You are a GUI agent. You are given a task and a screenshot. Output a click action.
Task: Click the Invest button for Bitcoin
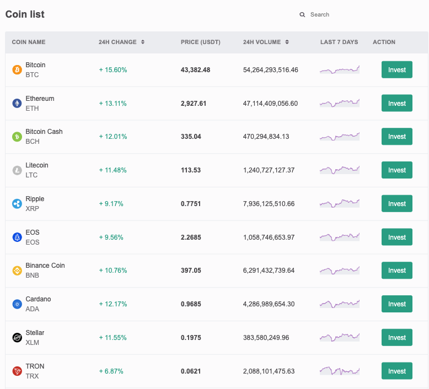pyautogui.click(x=396, y=70)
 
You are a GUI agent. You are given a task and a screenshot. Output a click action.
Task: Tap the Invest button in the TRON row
pyautogui.click(x=396, y=371)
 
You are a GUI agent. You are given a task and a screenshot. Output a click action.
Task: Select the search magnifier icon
pyautogui.click(x=302, y=15)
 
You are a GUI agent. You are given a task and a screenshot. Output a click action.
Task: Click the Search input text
pyautogui.click(x=320, y=15)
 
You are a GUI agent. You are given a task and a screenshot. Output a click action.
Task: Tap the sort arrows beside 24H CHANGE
pyautogui.click(x=143, y=42)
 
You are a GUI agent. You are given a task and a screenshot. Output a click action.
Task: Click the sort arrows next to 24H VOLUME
pyautogui.click(x=287, y=42)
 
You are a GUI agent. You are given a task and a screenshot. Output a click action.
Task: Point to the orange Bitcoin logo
pyautogui.click(x=17, y=70)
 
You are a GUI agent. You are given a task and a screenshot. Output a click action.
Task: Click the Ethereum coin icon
pyautogui.click(x=17, y=104)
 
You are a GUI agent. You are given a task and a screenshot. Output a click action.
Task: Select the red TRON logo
pyautogui.click(x=17, y=371)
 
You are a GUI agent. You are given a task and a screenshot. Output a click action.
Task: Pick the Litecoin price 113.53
pyautogui.click(x=191, y=170)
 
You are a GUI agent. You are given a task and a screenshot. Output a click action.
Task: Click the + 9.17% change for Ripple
pyautogui.click(x=111, y=204)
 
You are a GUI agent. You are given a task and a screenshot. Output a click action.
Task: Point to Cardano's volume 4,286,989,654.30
pyautogui.click(x=269, y=304)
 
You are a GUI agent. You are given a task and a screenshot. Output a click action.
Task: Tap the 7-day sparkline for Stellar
pyautogui.click(x=340, y=337)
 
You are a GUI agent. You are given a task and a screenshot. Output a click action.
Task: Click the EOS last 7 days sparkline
pyautogui.click(x=340, y=237)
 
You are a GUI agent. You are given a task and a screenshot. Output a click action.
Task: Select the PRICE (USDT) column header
pyautogui.click(x=201, y=42)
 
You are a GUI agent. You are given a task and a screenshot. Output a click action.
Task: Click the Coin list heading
pyautogui.click(x=25, y=14)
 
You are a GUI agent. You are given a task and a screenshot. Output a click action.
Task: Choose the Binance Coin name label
pyautogui.click(x=45, y=266)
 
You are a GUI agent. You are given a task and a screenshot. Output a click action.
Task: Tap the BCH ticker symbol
pyautogui.click(x=33, y=142)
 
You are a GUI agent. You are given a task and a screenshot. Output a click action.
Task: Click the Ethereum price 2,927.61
pyautogui.click(x=194, y=104)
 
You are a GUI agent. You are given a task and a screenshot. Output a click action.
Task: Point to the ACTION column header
pyautogui.click(x=384, y=42)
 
